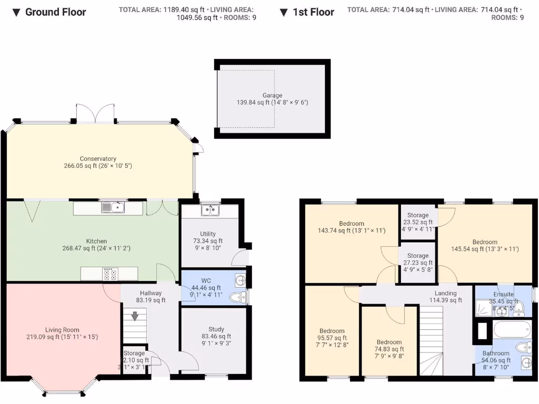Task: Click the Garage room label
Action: point(272,95)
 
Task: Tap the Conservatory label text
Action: point(98,159)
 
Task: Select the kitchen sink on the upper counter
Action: point(114,207)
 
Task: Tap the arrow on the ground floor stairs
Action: point(135,316)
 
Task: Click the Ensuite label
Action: point(503,294)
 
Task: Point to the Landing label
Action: point(445,293)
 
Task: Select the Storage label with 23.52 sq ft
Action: point(418,215)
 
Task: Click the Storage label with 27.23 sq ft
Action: point(418,256)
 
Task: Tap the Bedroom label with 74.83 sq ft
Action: point(389,342)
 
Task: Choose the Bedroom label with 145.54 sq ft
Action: point(485,242)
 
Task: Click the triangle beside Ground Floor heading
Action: point(17,12)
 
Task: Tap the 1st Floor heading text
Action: point(313,12)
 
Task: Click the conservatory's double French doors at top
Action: point(95,113)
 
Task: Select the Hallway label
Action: point(151,293)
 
